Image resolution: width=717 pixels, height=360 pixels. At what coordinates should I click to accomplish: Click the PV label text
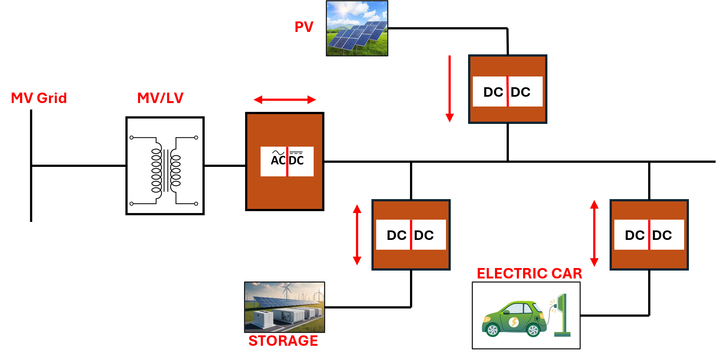point(304,27)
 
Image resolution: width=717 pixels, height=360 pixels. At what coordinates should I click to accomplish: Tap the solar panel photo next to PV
point(357,28)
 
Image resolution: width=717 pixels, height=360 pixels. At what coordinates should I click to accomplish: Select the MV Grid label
point(39,98)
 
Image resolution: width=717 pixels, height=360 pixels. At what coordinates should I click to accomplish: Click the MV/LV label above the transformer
point(160,98)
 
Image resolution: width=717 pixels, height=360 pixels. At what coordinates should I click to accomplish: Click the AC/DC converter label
point(287,161)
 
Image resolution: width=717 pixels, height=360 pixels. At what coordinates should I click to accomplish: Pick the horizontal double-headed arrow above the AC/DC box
point(285,100)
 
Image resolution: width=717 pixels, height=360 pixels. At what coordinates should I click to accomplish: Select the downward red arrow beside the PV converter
point(449,88)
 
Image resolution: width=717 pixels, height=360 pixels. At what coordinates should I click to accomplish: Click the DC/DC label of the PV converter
point(507,92)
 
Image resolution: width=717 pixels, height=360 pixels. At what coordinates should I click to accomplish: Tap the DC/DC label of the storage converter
point(411,235)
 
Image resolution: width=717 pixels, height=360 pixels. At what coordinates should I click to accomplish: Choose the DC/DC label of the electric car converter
point(649,235)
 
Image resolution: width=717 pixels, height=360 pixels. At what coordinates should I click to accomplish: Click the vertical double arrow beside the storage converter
point(357,235)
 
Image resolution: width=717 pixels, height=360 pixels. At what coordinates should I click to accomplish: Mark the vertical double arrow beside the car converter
point(594,233)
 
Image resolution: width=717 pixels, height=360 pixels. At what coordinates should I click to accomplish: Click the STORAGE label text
point(283,341)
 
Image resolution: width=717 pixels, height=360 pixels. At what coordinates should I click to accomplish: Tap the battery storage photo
point(284,307)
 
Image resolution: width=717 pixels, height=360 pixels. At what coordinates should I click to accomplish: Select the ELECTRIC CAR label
point(529,273)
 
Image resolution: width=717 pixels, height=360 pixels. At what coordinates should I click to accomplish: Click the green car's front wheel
point(492,331)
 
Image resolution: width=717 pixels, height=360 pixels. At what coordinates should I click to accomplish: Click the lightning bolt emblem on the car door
point(514,322)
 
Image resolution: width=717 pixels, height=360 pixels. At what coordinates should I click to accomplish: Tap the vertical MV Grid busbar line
point(31,190)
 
